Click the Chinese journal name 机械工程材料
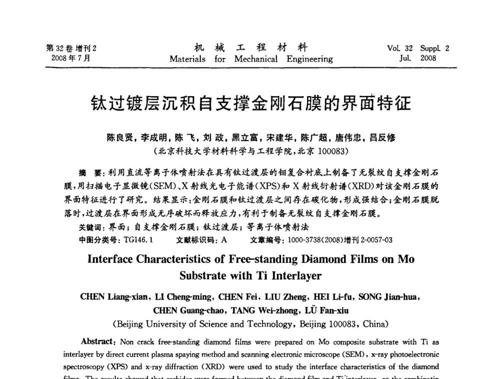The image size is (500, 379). pyautogui.click(x=250, y=48)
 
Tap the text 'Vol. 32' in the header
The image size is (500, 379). pyautogui.click(x=400, y=49)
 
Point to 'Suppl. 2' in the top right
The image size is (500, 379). pyautogui.click(x=434, y=49)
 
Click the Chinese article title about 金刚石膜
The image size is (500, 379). pyautogui.click(x=250, y=103)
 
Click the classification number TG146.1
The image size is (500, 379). pyautogui.click(x=138, y=240)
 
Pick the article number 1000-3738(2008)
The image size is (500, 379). pyautogui.click(x=320, y=240)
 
